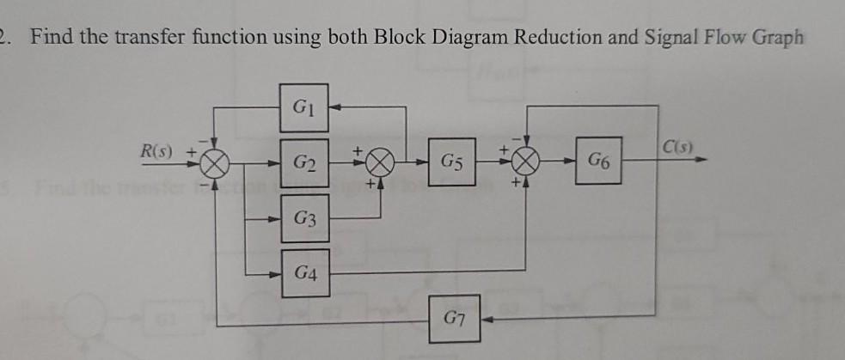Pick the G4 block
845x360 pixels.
pyautogui.click(x=303, y=273)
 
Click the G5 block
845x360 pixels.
pyautogui.click(x=453, y=162)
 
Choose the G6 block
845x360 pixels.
pyautogui.click(x=599, y=162)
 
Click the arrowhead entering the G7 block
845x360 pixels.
pyautogui.click(x=487, y=320)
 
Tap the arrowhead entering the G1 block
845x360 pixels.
pyautogui.click(x=334, y=109)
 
